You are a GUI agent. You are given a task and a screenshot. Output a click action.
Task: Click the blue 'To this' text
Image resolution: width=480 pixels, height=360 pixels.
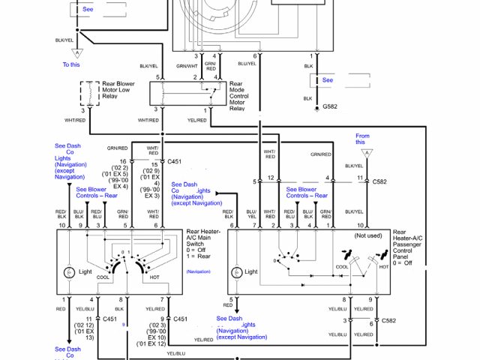[x=71, y=65]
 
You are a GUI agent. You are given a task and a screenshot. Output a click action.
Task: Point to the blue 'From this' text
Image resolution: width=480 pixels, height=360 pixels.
[x=362, y=139]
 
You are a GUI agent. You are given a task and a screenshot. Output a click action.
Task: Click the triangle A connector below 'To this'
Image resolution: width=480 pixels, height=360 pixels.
[x=75, y=53]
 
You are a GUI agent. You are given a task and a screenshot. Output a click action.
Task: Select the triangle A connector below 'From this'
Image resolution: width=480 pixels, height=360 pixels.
[x=367, y=152]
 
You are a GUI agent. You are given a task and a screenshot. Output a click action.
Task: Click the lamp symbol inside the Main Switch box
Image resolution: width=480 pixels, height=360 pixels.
[x=69, y=271]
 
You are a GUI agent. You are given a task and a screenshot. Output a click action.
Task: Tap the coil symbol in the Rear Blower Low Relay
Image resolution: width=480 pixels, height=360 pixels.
[x=91, y=94]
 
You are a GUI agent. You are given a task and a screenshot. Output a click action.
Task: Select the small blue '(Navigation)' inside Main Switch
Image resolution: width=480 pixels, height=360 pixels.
[x=199, y=271]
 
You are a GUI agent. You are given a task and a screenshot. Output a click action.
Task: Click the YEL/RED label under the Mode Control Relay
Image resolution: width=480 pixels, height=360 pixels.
[x=197, y=120]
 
